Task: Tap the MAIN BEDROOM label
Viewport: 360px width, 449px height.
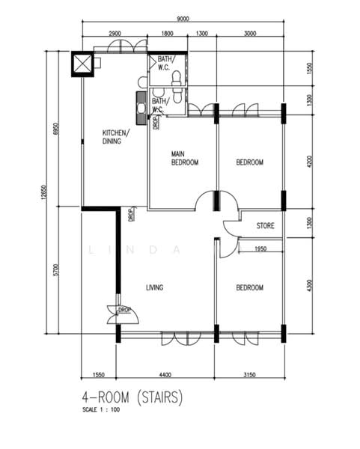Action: pyautogui.click(x=185, y=157)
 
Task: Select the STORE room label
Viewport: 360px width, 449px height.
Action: pyautogui.click(x=266, y=225)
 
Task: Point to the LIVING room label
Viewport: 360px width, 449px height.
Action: pyautogui.click(x=155, y=288)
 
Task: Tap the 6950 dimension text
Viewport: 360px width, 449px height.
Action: pyautogui.click(x=55, y=130)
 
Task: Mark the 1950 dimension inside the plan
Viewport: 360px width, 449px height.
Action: pyautogui.click(x=260, y=249)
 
